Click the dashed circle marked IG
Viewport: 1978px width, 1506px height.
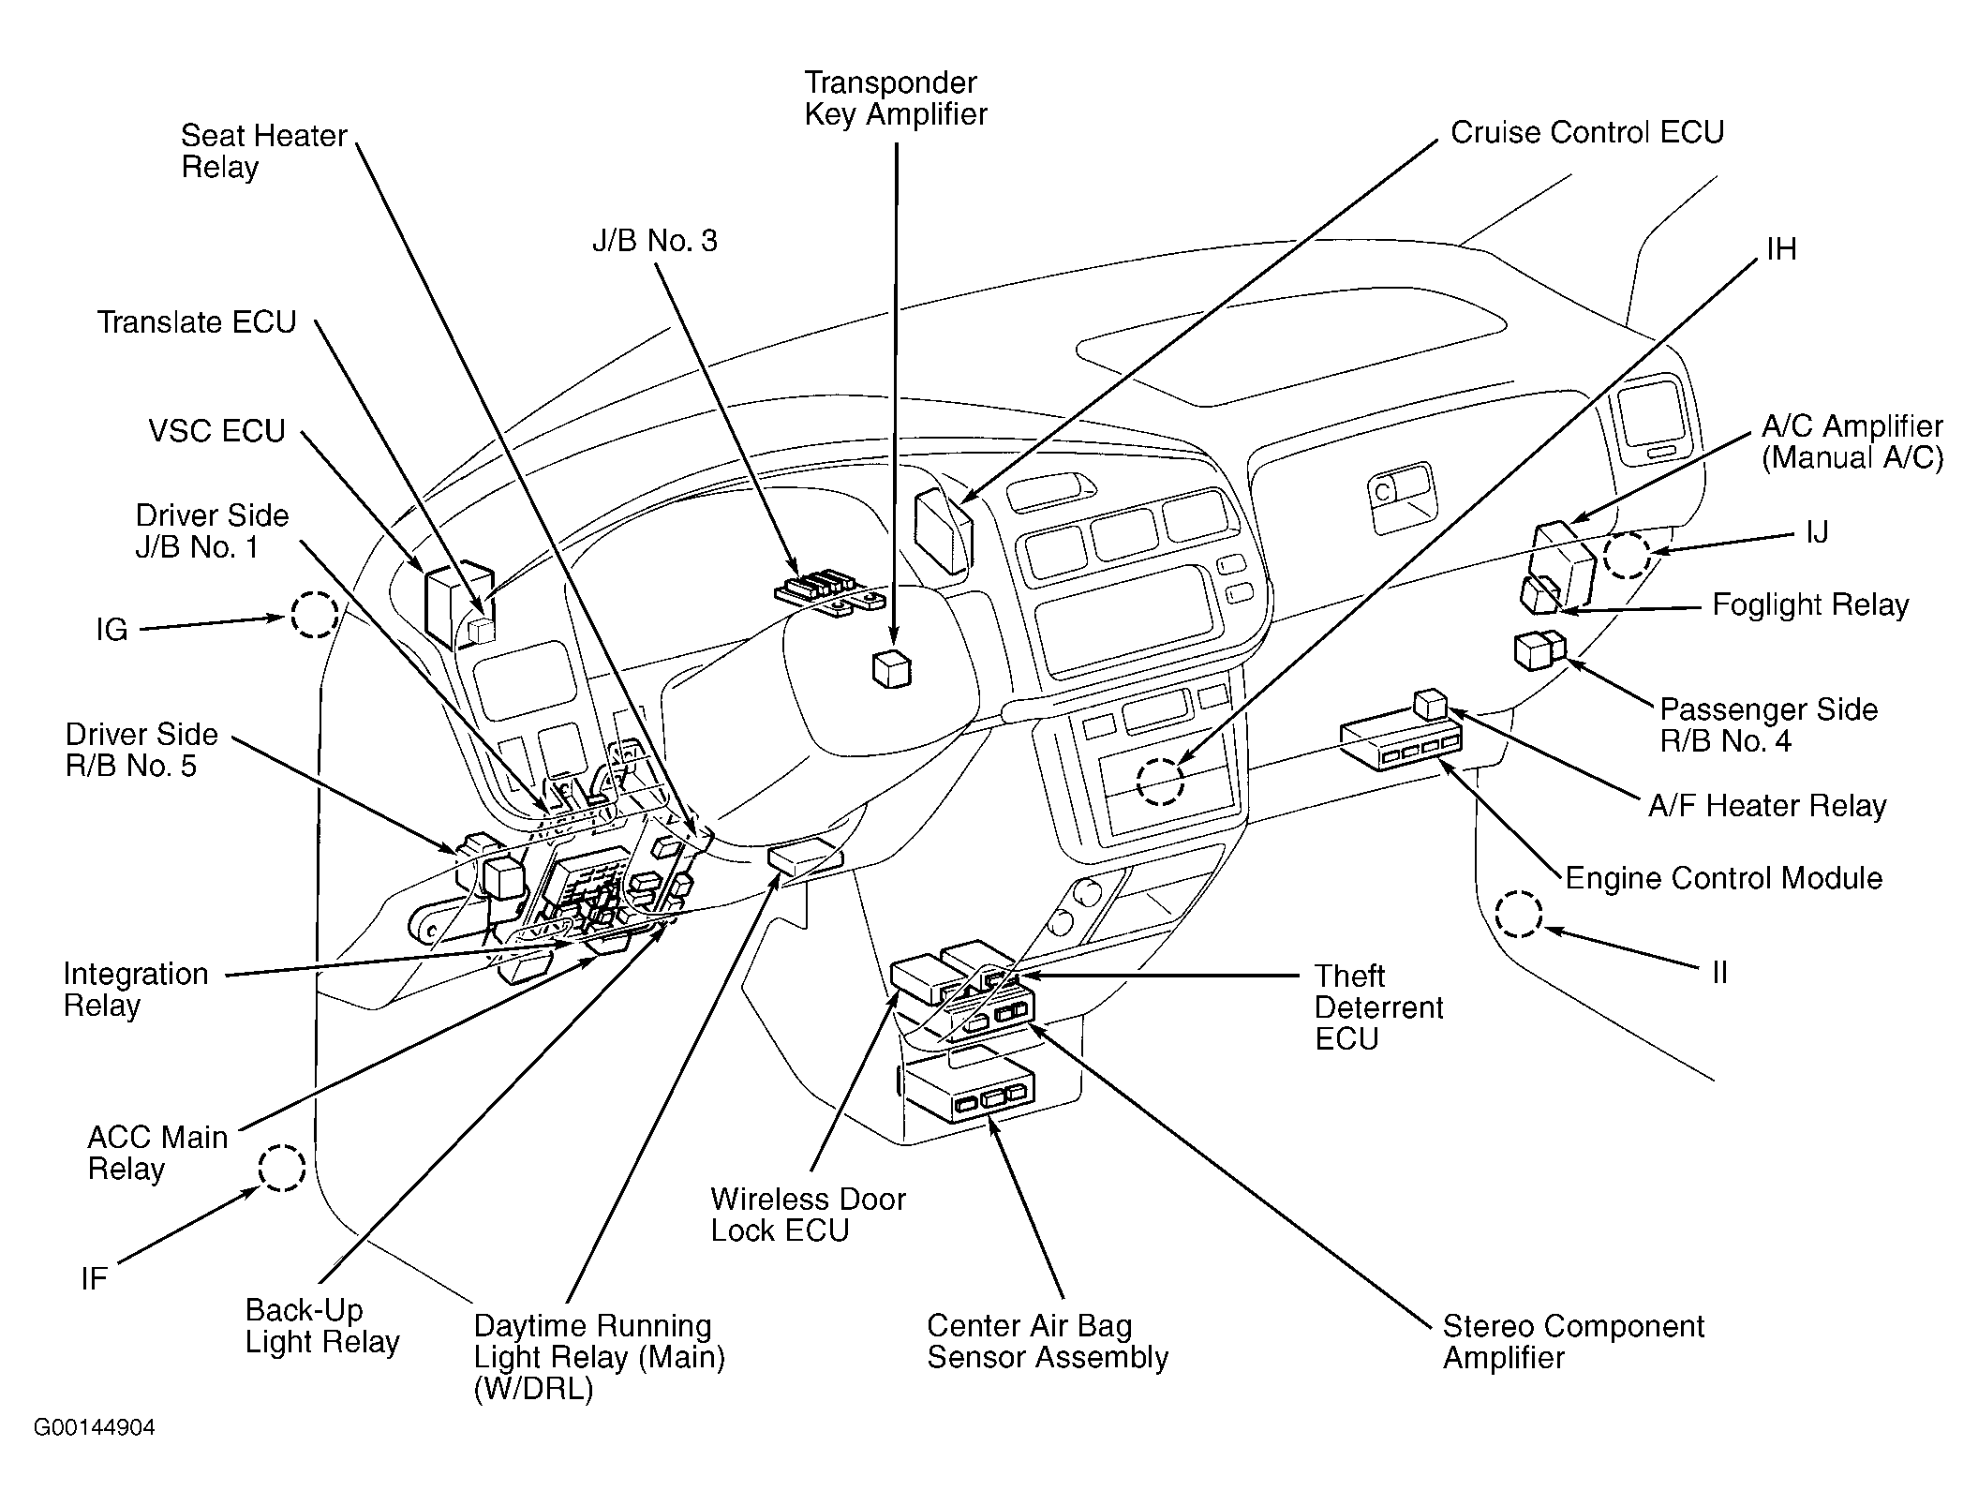pos(313,616)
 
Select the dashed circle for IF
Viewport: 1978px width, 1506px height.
pos(282,1168)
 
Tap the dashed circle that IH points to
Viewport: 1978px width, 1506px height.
pos(1160,781)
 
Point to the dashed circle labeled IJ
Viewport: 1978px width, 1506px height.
pos(1626,555)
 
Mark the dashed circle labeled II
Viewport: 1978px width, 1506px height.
pos(1518,914)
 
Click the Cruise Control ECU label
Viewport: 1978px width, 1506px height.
pos(1587,133)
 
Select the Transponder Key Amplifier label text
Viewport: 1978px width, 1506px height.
pos(896,98)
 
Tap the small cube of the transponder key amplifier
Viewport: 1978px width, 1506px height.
pos(891,669)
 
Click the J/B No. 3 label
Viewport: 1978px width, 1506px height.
pos(654,242)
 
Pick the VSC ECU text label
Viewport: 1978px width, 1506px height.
pos(216,431)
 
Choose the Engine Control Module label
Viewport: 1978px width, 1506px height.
pos(1724,878)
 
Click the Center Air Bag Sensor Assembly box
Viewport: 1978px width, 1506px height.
pos(971,1093)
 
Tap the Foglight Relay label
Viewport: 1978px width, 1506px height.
pos(1810,605)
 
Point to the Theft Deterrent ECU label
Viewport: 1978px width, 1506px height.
pos(1378,1007)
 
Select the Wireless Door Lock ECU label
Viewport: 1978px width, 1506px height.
pos(808,1215)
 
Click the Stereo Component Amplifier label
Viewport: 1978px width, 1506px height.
pos(1573,1342)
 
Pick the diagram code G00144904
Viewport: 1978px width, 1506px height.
pos(95,1427)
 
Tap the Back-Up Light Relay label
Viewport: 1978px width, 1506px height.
pos(322,1325)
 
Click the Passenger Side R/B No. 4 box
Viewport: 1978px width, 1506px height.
pos(1539,650)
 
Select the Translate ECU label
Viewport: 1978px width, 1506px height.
pos(197,323)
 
